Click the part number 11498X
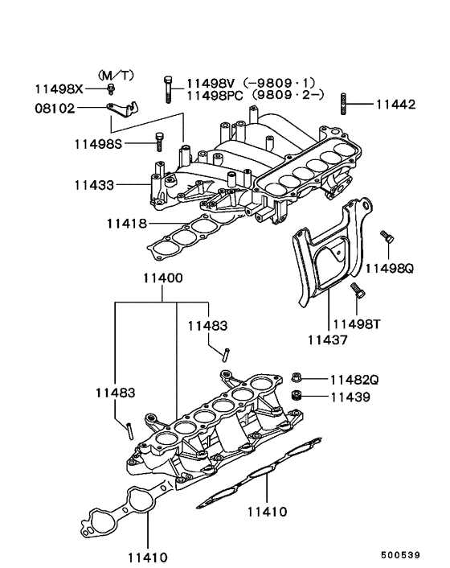point(59,88)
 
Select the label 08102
point(55,109)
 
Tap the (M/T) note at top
point(117,76)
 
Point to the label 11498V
point(211,84)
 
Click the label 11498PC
point(215,96)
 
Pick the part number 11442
point(396,105)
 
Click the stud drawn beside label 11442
point(343,104)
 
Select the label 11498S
point(98,144)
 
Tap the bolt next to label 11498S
point(159,142)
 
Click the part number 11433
point(94,185)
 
